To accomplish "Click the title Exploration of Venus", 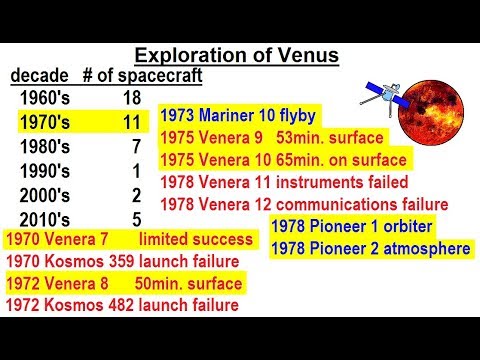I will coord(240,56).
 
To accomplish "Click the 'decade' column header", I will coord(40,77).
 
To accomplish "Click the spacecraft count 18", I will coord(130,98).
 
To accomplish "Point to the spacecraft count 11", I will coord(130,122).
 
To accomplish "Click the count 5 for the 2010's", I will coord(135,218).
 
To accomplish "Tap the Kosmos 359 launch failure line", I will coord(122,262).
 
